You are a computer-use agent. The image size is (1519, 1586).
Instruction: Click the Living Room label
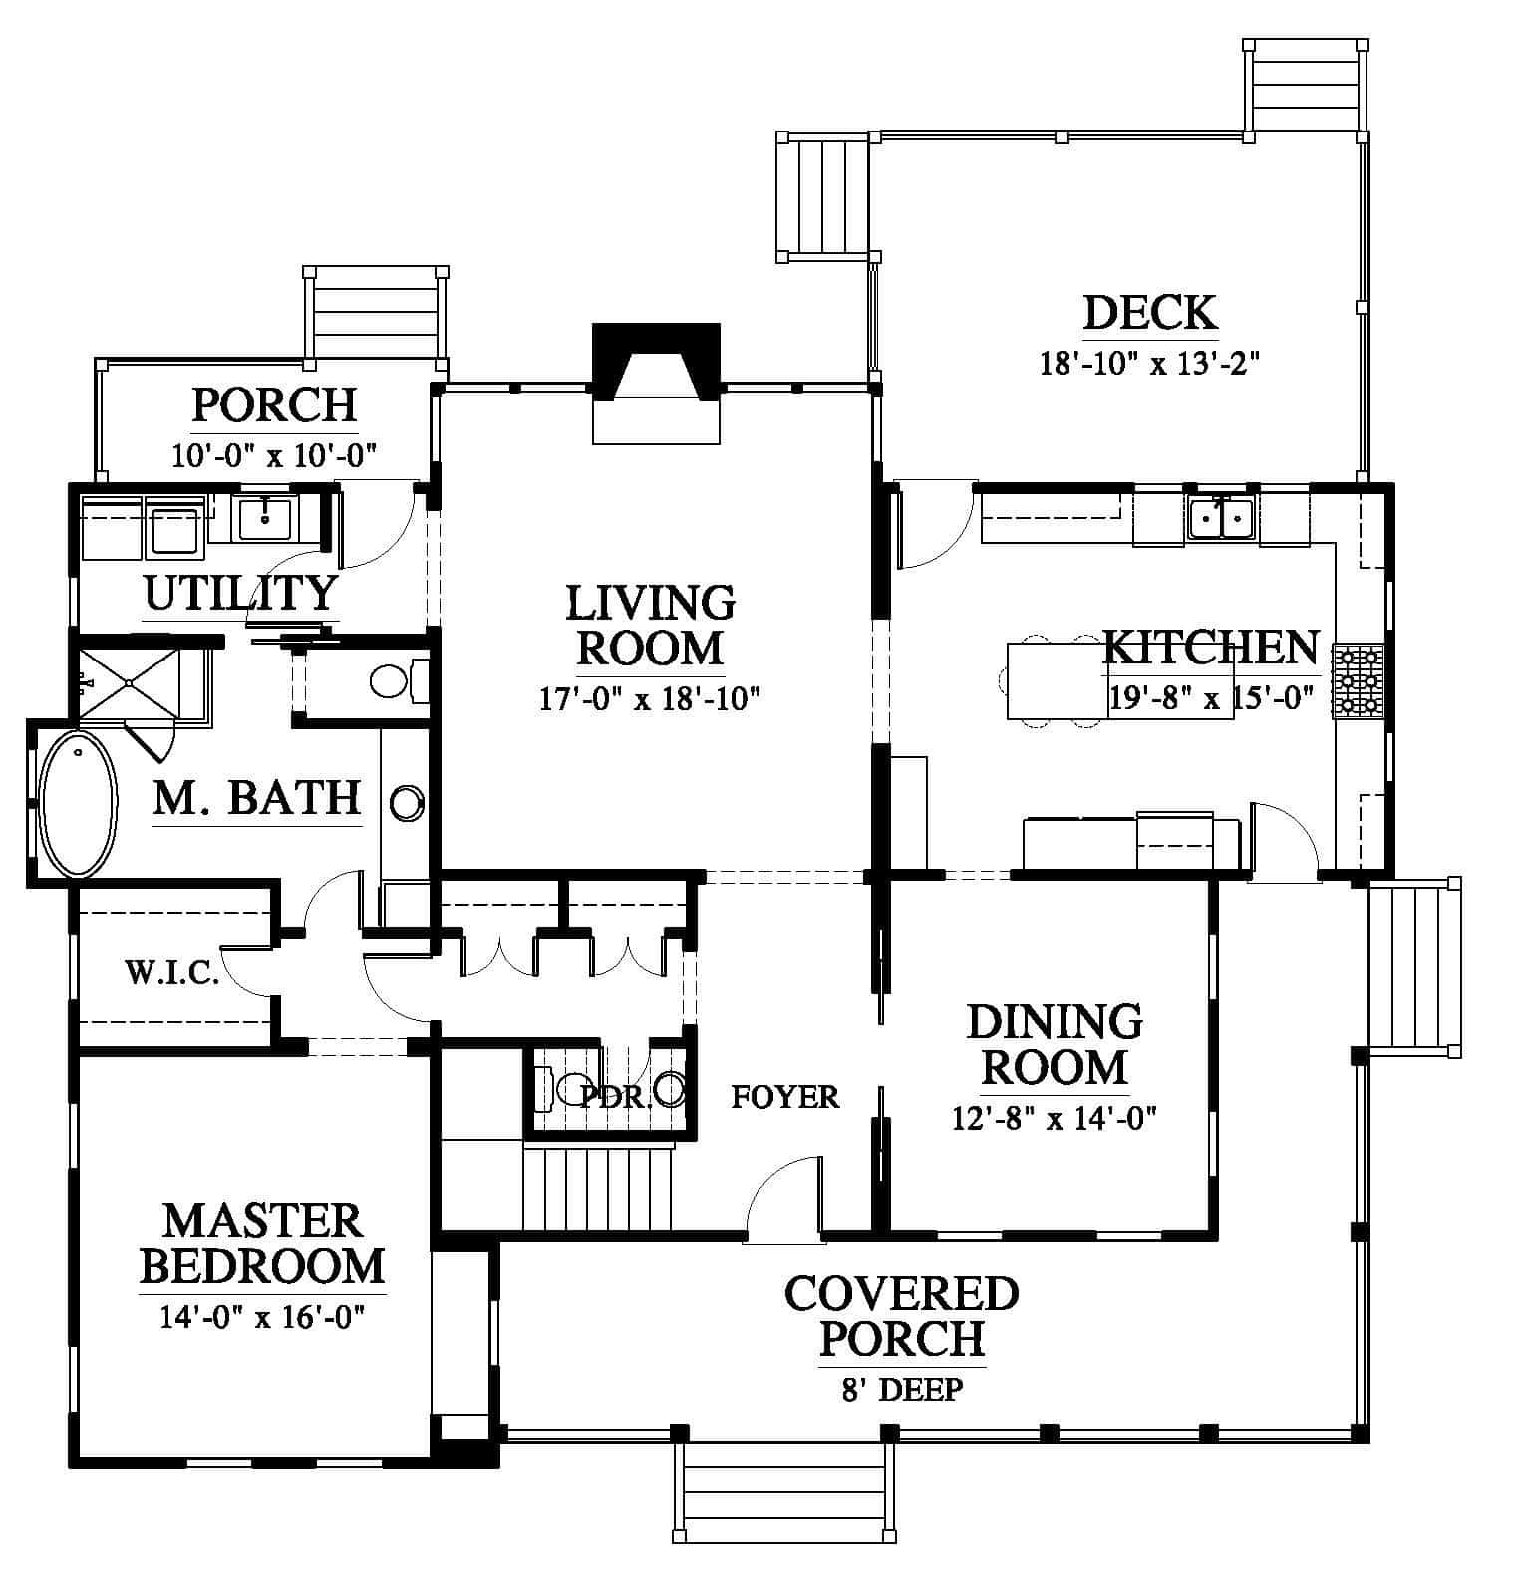click(x=651, y=626)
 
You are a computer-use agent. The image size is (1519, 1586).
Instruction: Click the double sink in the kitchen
click(x=1220, y=518)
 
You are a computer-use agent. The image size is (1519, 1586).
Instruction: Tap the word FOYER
click(x=785, y=1097)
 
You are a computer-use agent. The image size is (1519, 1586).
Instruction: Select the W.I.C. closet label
click(x=172, y=972)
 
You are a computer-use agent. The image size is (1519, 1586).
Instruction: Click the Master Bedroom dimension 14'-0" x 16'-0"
click(x=262, y=1317)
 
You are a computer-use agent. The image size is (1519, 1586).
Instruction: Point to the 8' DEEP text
click(x=902, y=1389)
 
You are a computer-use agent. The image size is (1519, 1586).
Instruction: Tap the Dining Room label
click(x=1055, y=1044)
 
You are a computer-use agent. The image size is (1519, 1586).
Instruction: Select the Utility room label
click(x=240, y=593)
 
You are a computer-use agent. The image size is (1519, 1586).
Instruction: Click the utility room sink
click(x=264, y=516)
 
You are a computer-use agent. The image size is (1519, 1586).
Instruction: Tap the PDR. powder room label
click(x=616, y=1097)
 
